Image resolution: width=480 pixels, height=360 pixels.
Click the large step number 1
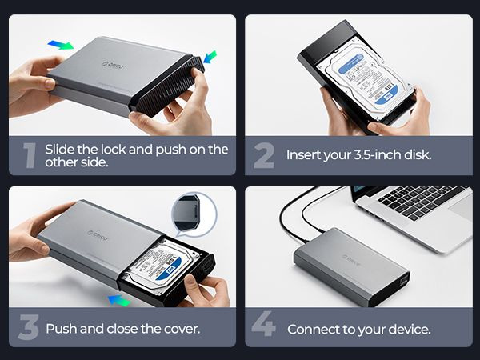coord(30,155)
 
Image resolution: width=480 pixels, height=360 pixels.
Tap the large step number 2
coord(264,155)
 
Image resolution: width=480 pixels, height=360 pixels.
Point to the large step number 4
coord(263,328)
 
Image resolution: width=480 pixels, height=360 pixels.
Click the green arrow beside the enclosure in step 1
coord(210,57)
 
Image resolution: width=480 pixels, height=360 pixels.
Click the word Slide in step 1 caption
coord(60,149)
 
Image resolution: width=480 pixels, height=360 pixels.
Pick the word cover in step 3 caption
coord(177,328)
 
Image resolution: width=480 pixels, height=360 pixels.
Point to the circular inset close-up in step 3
coord(194,212)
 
